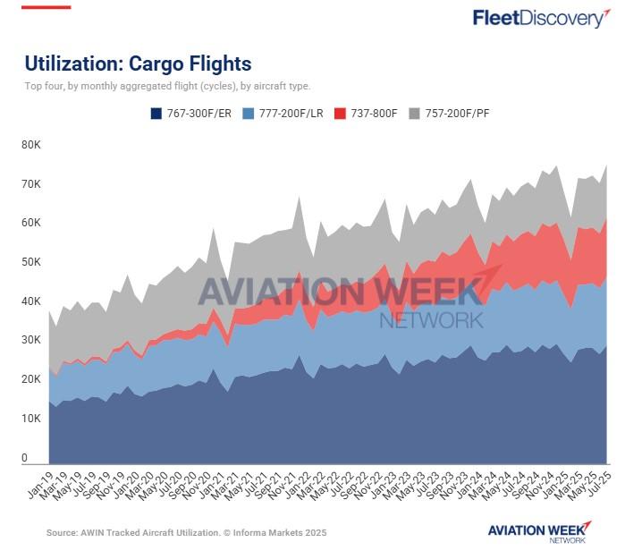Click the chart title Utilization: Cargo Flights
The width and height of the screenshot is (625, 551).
coord(138,64)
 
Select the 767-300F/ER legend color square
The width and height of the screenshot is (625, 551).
coord(156,114)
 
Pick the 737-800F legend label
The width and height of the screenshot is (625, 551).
coord(375,114)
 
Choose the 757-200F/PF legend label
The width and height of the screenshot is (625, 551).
coord(456,114)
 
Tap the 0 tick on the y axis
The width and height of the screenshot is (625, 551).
coord(26,458)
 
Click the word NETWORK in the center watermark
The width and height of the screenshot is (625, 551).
coord(431,319)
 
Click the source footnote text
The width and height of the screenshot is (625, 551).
coord(187,532)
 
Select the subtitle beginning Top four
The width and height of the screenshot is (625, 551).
coord(167,87)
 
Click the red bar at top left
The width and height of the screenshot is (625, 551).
coord(47,7)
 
